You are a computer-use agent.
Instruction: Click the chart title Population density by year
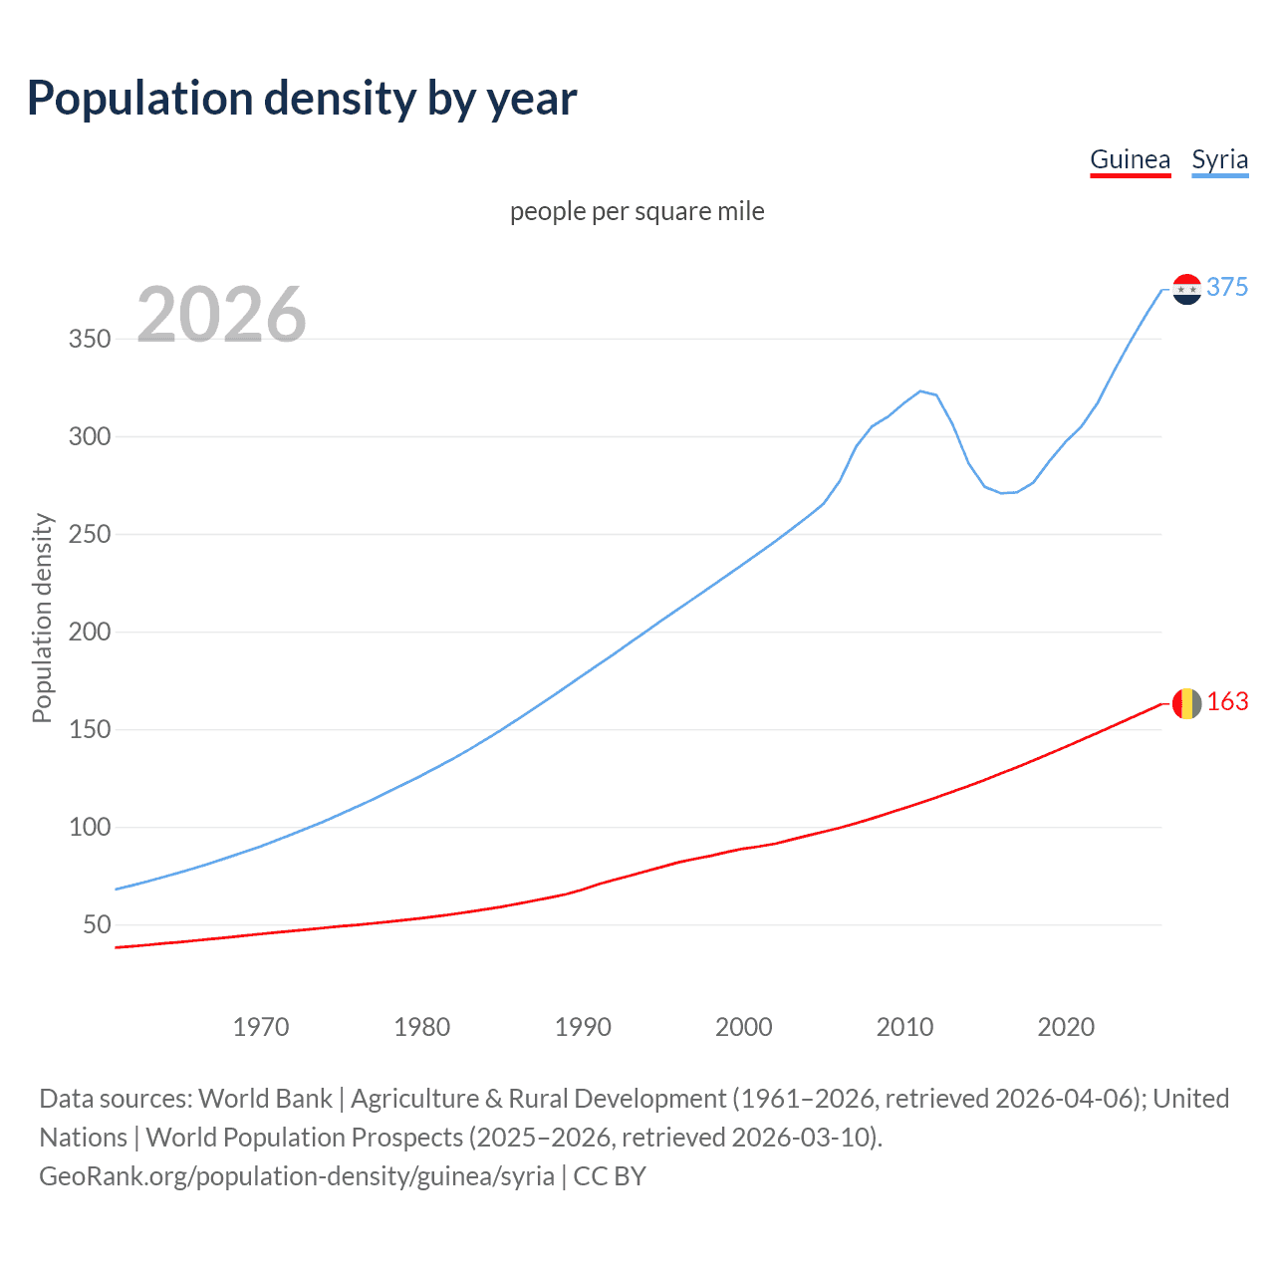tap(302, 99)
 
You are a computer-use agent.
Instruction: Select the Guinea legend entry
tap(1130, 159)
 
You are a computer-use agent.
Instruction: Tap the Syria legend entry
tap(1219, 159)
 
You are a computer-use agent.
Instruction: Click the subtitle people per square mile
tap(637, 211)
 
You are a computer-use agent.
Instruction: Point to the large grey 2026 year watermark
tap(221, 315)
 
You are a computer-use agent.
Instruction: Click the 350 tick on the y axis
tap(90, 339)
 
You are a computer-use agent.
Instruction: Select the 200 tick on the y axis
tap(90, 632)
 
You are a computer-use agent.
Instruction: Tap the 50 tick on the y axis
tap(97, 924)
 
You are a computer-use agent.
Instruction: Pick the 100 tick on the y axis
tap(90, 827)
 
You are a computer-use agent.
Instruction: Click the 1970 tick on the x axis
tap(261, 1026)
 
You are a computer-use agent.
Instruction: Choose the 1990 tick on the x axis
tap(583, 1026)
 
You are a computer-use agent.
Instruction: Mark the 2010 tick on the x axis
tap(904, 1026)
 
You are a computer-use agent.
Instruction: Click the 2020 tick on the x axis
tap(1066, 1026)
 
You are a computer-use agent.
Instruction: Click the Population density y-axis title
tap(42, 618)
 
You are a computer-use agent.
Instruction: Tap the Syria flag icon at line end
tap(1186, 289)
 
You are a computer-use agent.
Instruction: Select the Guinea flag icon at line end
tap(1186, 703)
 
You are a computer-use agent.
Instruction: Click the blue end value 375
tap(1227, 287)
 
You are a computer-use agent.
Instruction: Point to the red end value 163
tap(1227, 702)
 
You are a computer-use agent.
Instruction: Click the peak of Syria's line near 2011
tap(920, 390)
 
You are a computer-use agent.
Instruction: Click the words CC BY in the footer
tap(610, 1175)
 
